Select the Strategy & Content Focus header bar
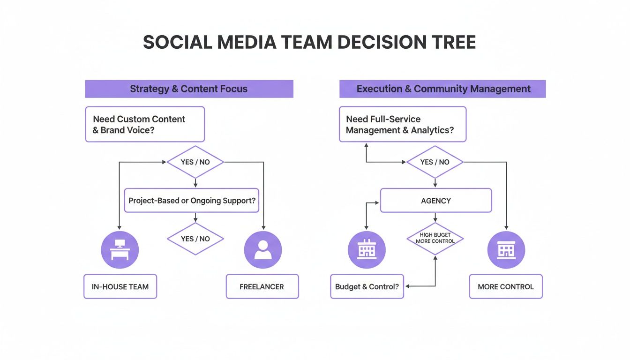189,89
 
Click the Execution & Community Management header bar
442,89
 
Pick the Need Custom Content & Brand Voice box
145,124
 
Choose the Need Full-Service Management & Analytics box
402,124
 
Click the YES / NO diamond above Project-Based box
195,162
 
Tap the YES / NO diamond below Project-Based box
195,239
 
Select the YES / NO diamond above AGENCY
435,162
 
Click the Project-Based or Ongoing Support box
192,201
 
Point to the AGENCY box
435,201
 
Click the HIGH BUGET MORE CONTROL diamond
435,239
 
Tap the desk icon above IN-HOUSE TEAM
120,249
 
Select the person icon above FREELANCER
262,249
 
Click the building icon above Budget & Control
366,249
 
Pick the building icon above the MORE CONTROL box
506,249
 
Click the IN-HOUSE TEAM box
120,286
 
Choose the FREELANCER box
262,286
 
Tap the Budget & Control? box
367,286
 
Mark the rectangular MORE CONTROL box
505,286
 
